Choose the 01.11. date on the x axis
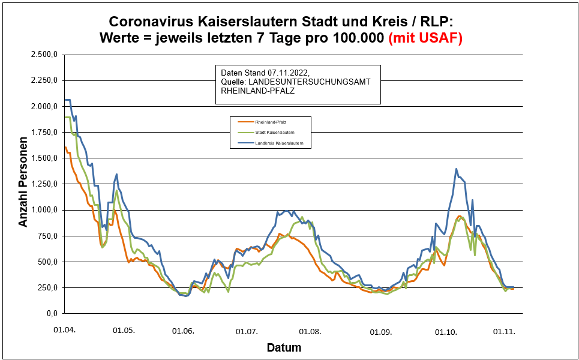[x=504, y=331]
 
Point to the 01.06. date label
[x=182, y=331]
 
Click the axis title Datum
[x=284, y=347]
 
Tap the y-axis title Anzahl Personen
[x=23, y=184]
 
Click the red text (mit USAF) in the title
[x=426, y=38]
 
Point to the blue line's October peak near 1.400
[x=457, y=169]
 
